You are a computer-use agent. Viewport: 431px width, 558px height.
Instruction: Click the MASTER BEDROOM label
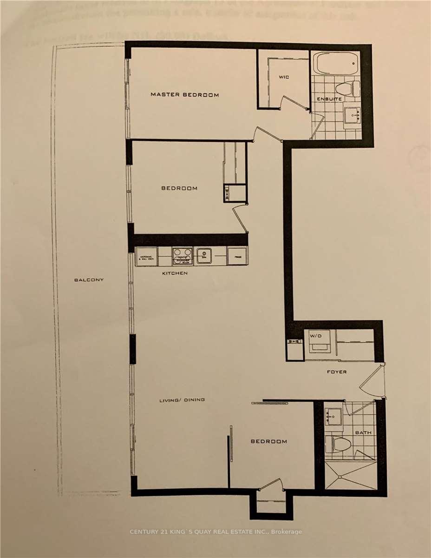(x=184, y=95)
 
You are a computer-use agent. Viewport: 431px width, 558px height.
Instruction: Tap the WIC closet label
(x=284, y=77)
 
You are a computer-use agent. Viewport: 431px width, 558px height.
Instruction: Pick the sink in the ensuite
(x=352, y=114)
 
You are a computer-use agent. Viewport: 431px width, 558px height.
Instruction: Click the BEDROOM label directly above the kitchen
(x=179, y=188)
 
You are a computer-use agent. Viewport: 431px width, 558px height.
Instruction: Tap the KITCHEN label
(x=175, y=273)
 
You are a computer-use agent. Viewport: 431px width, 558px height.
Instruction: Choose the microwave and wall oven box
(x=147, y=256)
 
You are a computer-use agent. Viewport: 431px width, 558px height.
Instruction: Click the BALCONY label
(x=89, y=280)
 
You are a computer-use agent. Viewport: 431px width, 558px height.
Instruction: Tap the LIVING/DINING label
(x=182, y=400)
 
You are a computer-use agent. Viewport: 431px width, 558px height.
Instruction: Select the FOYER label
(x=336, y=372)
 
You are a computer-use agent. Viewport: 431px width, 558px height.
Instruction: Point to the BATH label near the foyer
(x=364, y=433)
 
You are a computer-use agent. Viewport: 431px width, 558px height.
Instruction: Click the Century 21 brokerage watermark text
(x=215, y=531)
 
